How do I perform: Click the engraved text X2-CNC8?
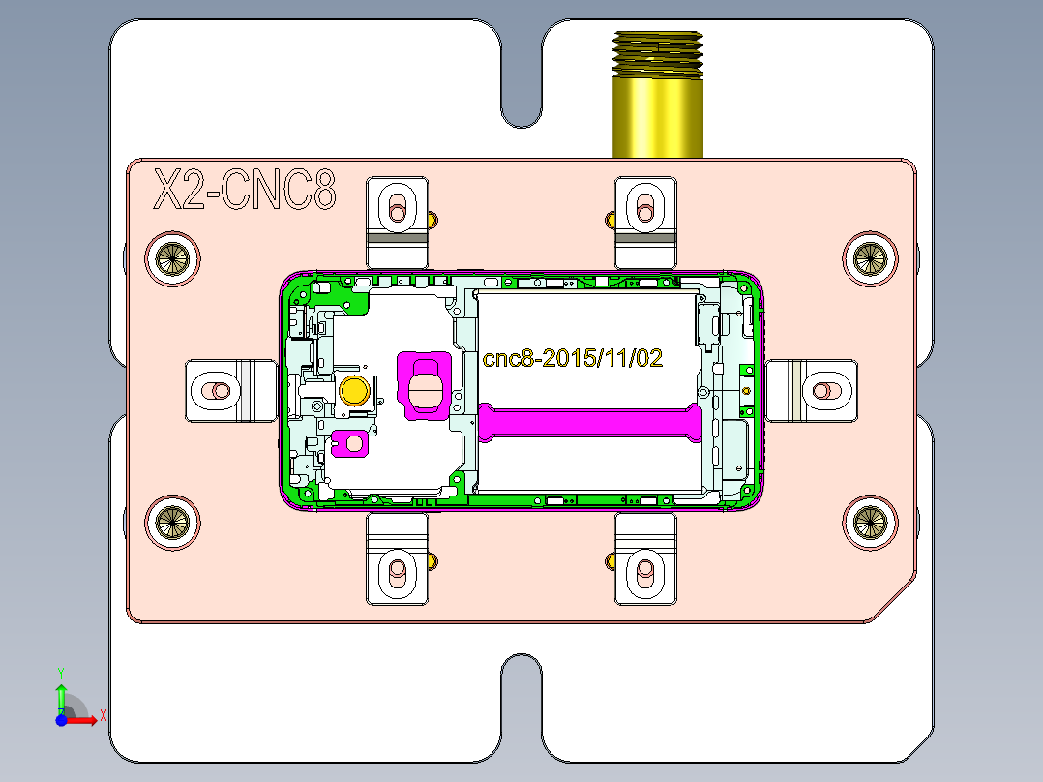coord(246,190)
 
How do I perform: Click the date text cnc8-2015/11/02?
coord(573,359)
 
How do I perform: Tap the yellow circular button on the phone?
coord(355,390)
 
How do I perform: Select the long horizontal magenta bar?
coord(590,422)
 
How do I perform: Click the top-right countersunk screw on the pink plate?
coord(869,257)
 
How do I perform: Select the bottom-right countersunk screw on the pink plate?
coord(869,522)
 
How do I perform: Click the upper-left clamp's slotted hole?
coord(397,207)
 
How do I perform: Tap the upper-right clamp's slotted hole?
coord(645,206)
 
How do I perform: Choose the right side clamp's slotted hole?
coord(824,391)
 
